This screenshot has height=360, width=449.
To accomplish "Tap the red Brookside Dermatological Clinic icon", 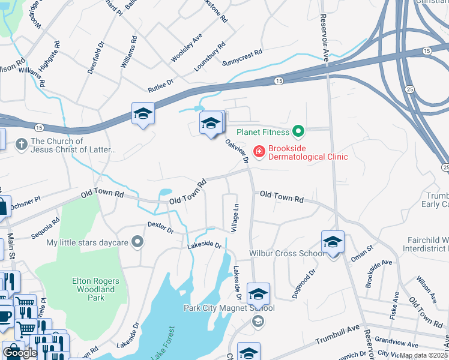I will tap(259, 151).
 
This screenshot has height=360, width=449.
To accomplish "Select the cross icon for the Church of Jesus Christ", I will tap(21, 144).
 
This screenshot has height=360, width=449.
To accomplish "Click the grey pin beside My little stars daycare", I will tap(138, 242).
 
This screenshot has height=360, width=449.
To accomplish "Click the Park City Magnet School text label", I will tap(229, 308).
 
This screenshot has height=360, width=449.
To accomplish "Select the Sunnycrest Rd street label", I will tap(243, 58).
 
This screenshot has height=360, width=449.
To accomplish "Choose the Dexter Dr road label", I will tap(160, 227).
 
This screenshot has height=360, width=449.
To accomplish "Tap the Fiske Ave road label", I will tap(395, 305).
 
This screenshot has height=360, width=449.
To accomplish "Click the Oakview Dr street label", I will tap(237, 151).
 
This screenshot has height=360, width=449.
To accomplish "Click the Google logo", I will tap(20, 353).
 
